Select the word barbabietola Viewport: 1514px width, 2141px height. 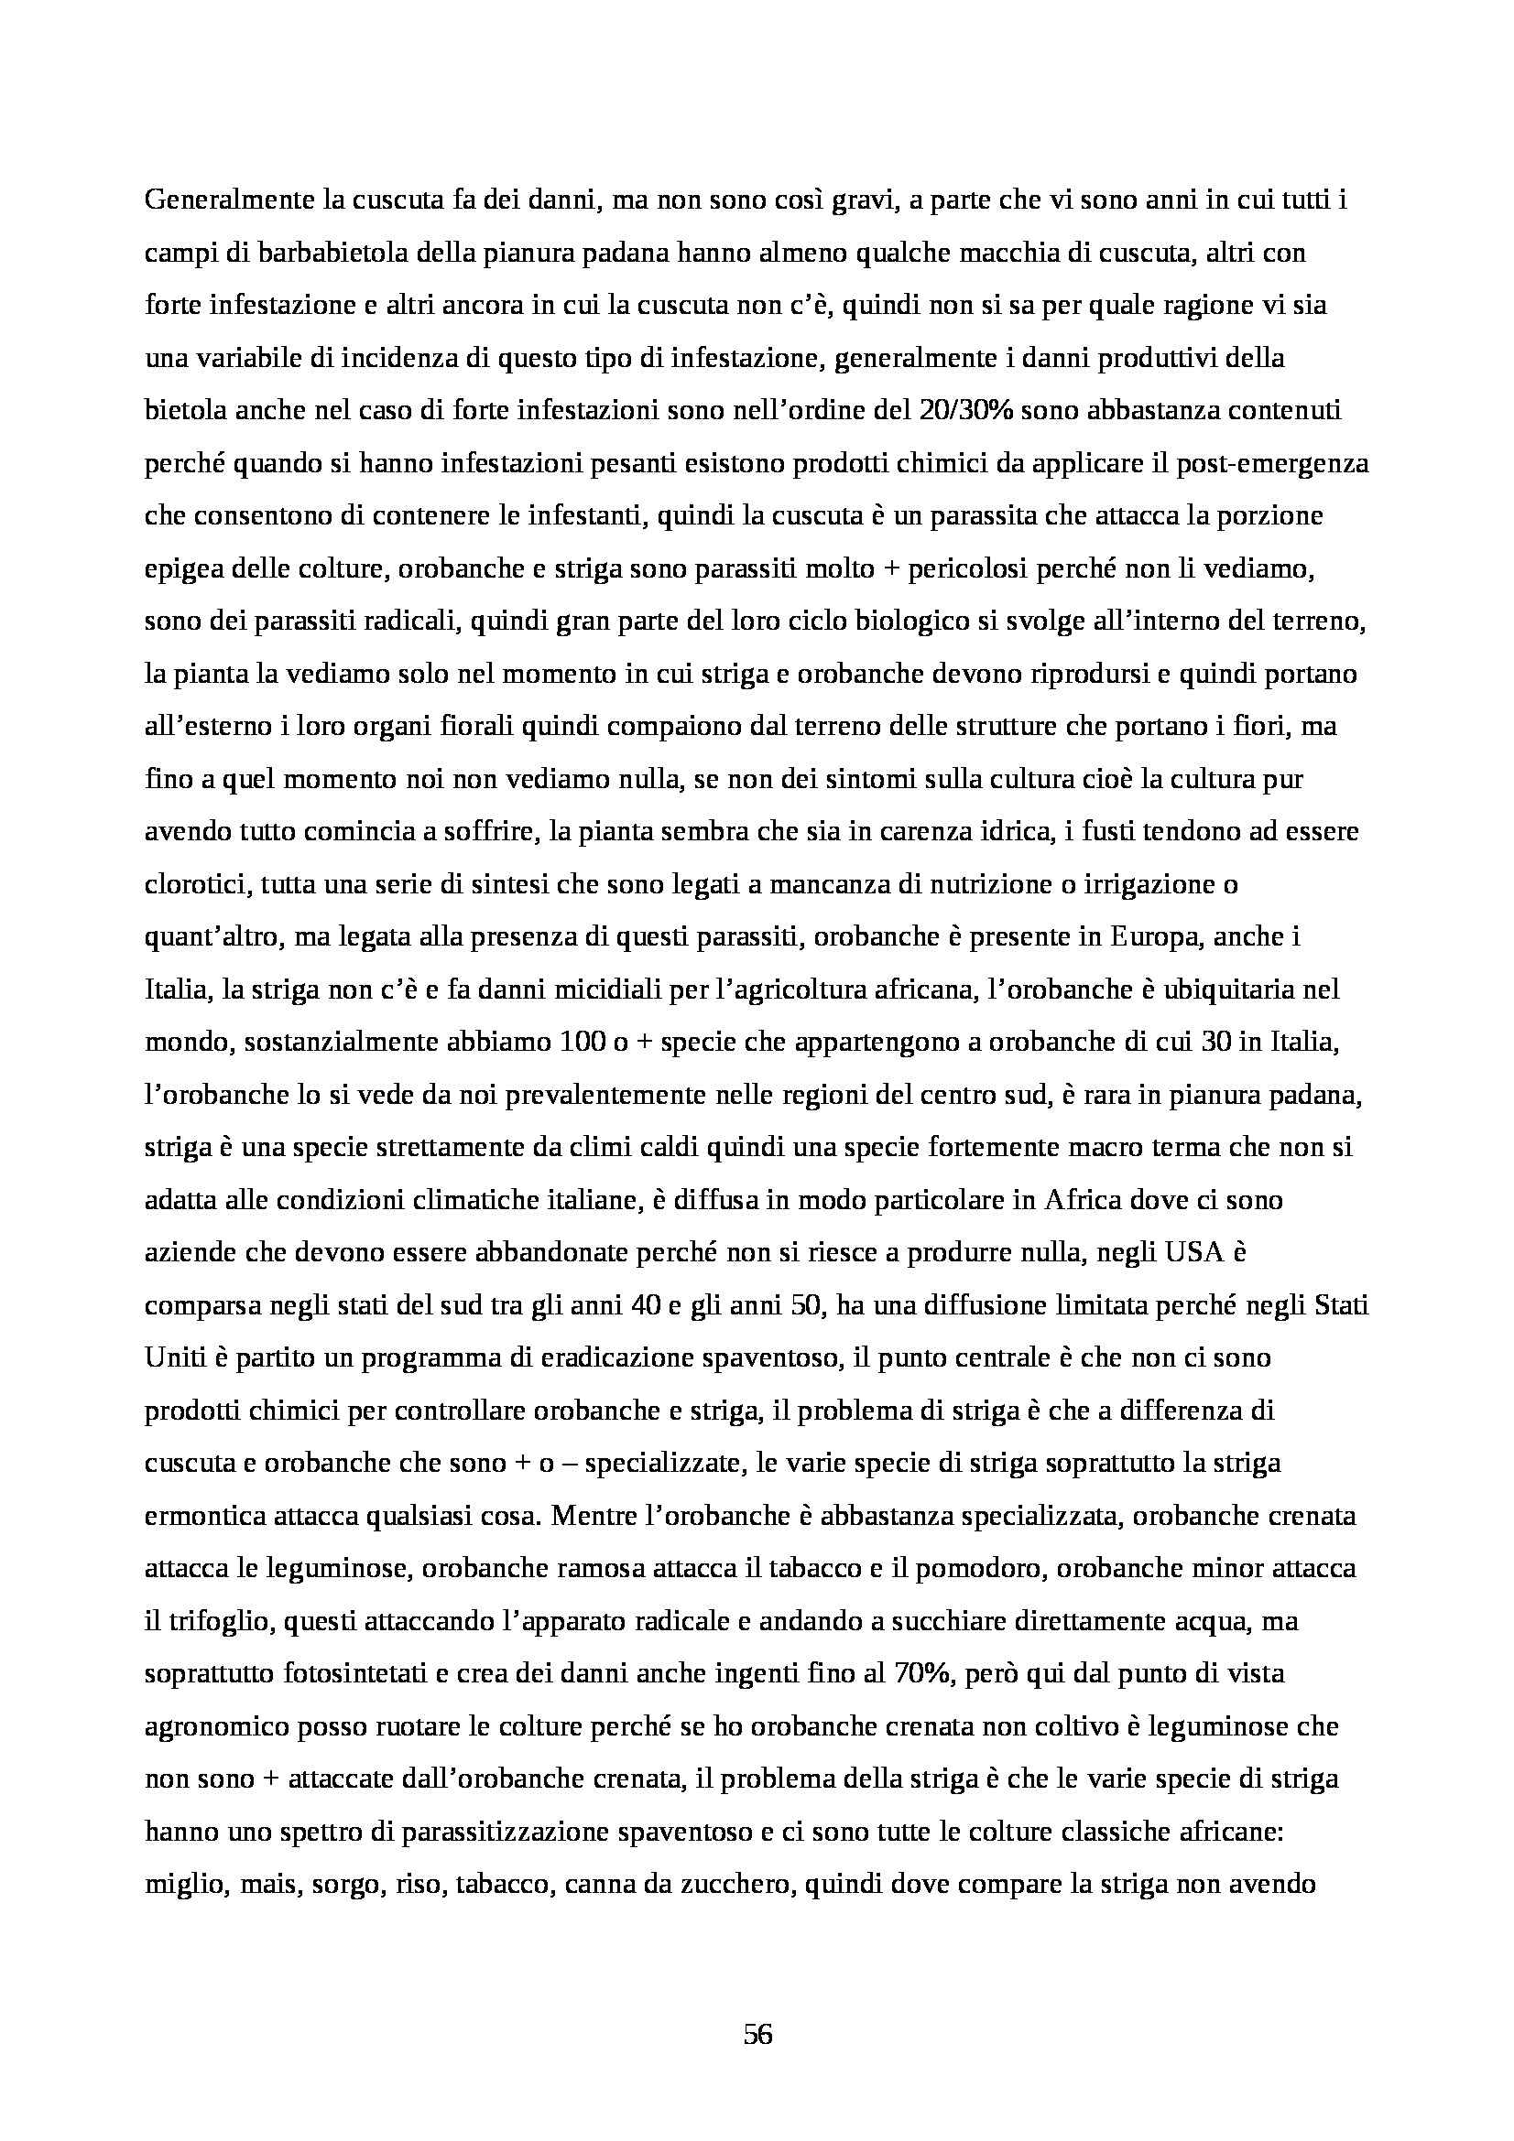click(x=283, y=254)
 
